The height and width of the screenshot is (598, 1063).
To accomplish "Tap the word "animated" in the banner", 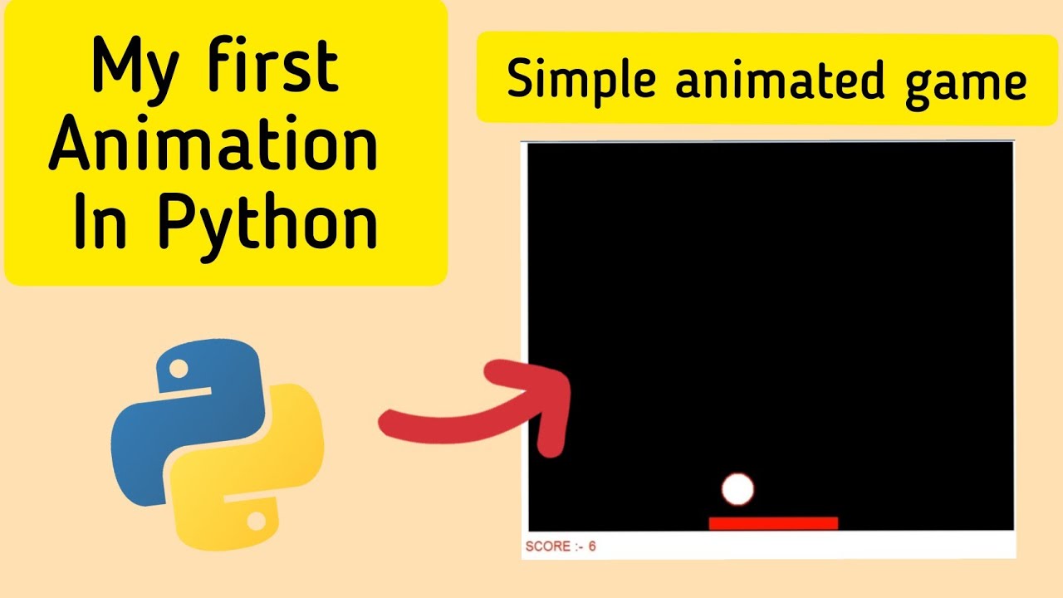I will [767, 81].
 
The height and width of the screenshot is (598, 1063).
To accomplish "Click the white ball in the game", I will [737, 489].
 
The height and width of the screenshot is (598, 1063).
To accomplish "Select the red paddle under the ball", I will [772, 523].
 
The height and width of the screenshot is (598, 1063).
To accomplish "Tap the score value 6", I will [592, 547].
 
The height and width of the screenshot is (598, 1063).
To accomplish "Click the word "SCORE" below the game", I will [548, 547].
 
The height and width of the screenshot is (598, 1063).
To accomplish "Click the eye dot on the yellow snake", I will [257, 521].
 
